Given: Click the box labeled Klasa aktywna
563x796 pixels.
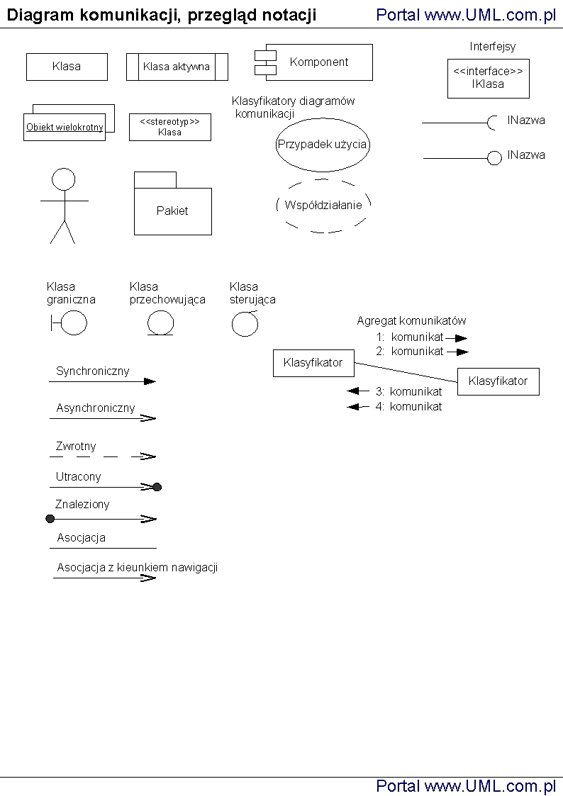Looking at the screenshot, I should pos(177,67).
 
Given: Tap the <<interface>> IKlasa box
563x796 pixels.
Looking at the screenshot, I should pos(489,78).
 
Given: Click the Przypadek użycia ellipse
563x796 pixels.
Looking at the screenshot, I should pos(323,145).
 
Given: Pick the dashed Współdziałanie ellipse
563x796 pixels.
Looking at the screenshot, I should pos(323,206).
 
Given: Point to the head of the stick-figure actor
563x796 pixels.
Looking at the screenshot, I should pos(64,179).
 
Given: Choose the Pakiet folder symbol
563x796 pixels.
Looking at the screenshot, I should pos(172,210).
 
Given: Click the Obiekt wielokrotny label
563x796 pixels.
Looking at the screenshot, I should pos(65,128).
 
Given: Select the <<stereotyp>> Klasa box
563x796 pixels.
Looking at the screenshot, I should pos(169,127).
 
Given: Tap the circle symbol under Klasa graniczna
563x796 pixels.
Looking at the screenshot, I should pos(74,323).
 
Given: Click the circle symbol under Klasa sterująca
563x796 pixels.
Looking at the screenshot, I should pos(244,324).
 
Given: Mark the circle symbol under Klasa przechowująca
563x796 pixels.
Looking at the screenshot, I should pos(160,323).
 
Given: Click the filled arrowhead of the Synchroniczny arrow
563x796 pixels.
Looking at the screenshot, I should pos(150,381).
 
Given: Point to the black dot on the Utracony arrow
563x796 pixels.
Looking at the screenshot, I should pos(157,487).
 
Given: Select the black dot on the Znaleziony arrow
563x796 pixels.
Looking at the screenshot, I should pos(50,519).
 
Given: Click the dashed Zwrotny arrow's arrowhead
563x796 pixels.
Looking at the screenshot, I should pos(149,456).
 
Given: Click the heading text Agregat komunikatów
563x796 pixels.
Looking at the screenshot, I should pos(411,321).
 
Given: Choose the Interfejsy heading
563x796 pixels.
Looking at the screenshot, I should pos(493,47).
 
